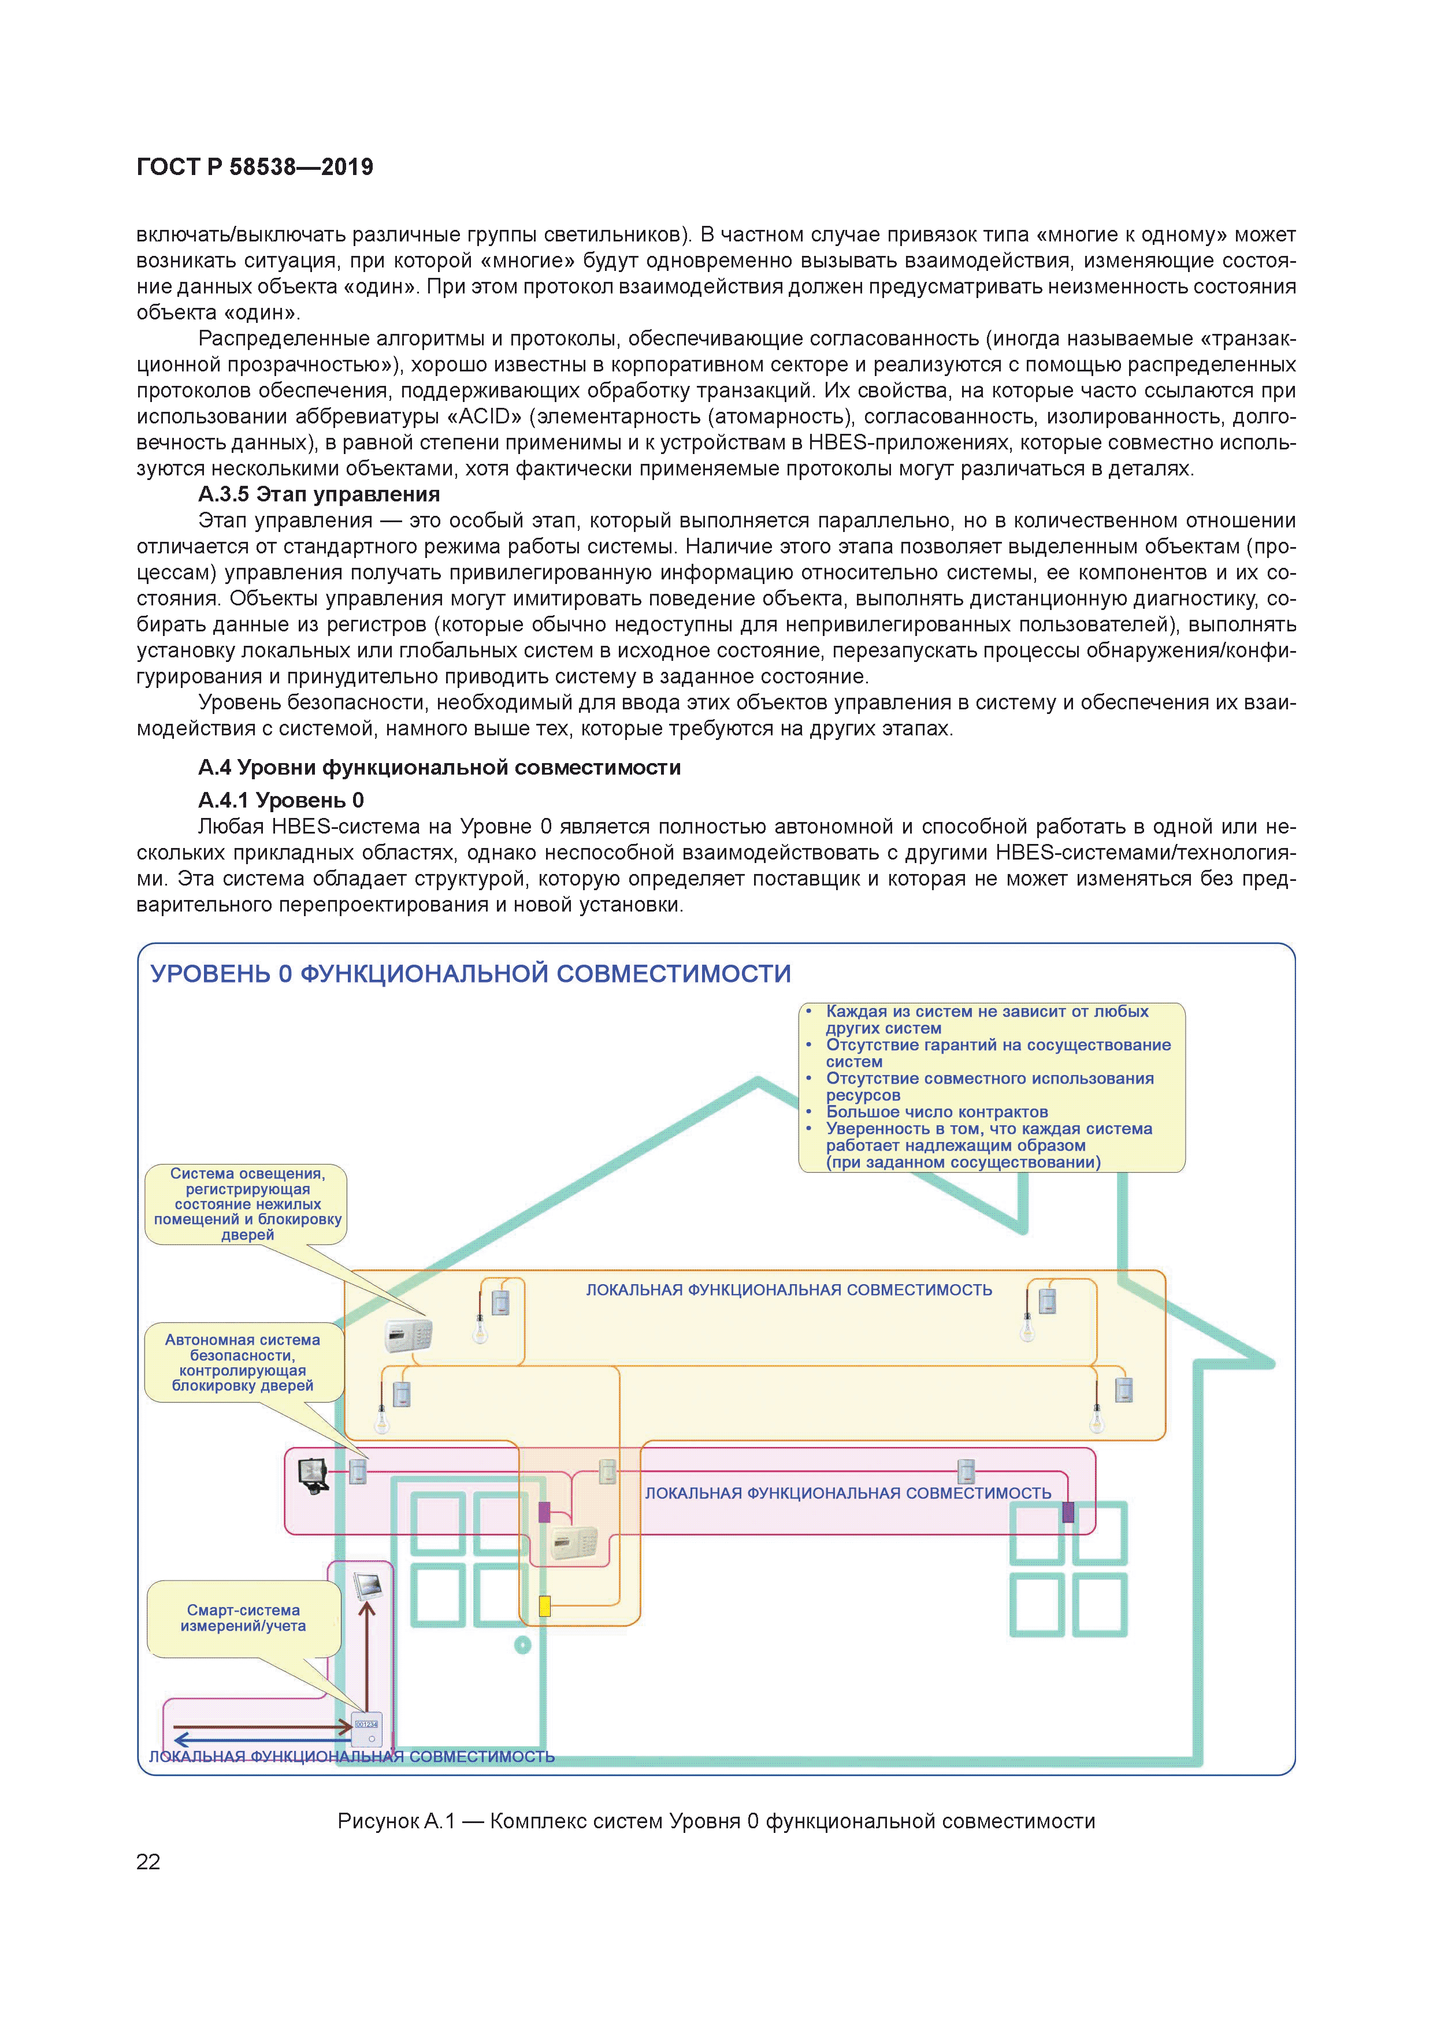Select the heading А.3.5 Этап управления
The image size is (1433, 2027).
pyautogui.click(x=319, y=494)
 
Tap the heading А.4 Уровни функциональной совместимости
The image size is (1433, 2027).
pyautogui.click(x=439, y=767)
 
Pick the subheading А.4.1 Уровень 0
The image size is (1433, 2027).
pyautogui.click(x=281, y=800)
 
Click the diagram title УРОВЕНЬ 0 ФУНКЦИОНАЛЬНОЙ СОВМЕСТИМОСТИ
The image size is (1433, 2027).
pyautogui.click(x=470, y=974)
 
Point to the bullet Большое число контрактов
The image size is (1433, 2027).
pyautogui.click(x=936, y=1111)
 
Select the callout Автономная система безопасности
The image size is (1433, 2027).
pyautogui.click(x=242, y=1362)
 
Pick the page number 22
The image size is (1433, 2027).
pyautogui.click(x=149, y=1862)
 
